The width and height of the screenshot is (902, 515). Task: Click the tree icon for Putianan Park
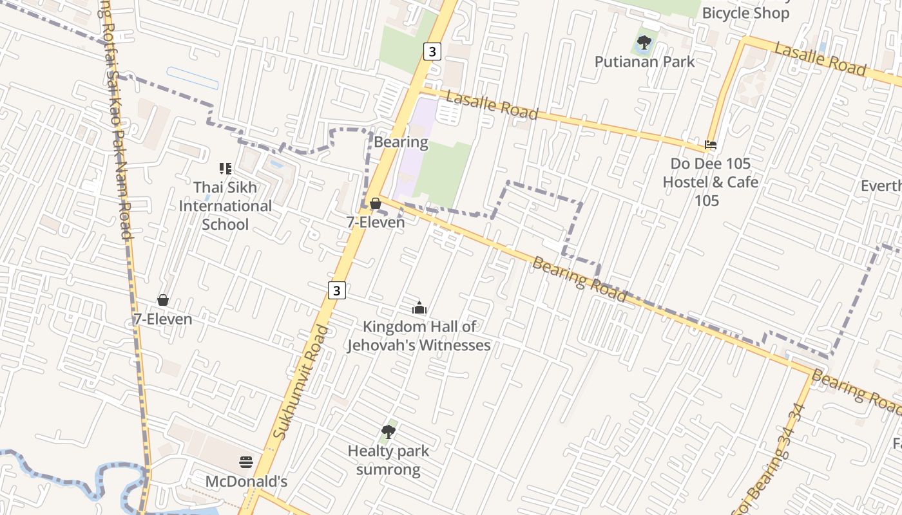click(x=644, y=43)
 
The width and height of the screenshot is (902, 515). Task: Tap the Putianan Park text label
click(x=644, y=62)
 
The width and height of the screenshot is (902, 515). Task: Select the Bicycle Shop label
click(x=745, y=13)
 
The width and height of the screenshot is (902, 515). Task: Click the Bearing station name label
click(x=401, y=142)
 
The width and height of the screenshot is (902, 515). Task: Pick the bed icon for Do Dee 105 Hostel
click(x=711, y=145)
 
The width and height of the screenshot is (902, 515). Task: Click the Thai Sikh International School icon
click(x=225, y=169)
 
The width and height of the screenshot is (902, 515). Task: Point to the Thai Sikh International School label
click(x=225, y=206)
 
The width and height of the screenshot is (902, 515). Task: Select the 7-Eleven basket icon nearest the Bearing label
click(x=376, y=204)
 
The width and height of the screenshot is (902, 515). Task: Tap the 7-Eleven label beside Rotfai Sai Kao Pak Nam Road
click(x=162, y=319)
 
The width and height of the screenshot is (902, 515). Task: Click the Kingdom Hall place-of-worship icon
click(x=419, y=308)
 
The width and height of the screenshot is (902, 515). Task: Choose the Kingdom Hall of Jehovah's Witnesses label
click(x=419, y=336)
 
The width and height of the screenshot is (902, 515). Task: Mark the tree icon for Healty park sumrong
click(x=388, y=431)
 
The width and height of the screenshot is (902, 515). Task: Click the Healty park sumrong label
click(x=388, y=460)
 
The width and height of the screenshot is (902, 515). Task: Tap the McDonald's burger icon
click(x=245, y=462)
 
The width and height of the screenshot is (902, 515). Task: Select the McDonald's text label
click(x=245, y=482)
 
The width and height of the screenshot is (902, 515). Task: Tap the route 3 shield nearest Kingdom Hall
click(x=336, y=290)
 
